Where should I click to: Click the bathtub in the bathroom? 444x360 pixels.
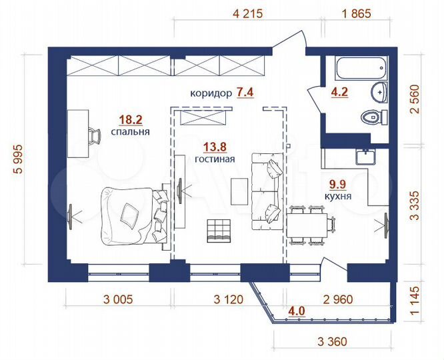(x=359, y=68)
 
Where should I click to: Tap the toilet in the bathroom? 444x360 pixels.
(x=371, y=117)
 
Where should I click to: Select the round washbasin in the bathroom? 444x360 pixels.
(x=378, y=93)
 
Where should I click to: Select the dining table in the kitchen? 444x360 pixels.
(x=308, y=224)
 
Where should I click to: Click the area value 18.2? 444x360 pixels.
(x=129, y=120)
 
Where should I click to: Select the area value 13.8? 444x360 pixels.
(x=213, y=147)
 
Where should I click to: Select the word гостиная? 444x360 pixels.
(x=213, y=160)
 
